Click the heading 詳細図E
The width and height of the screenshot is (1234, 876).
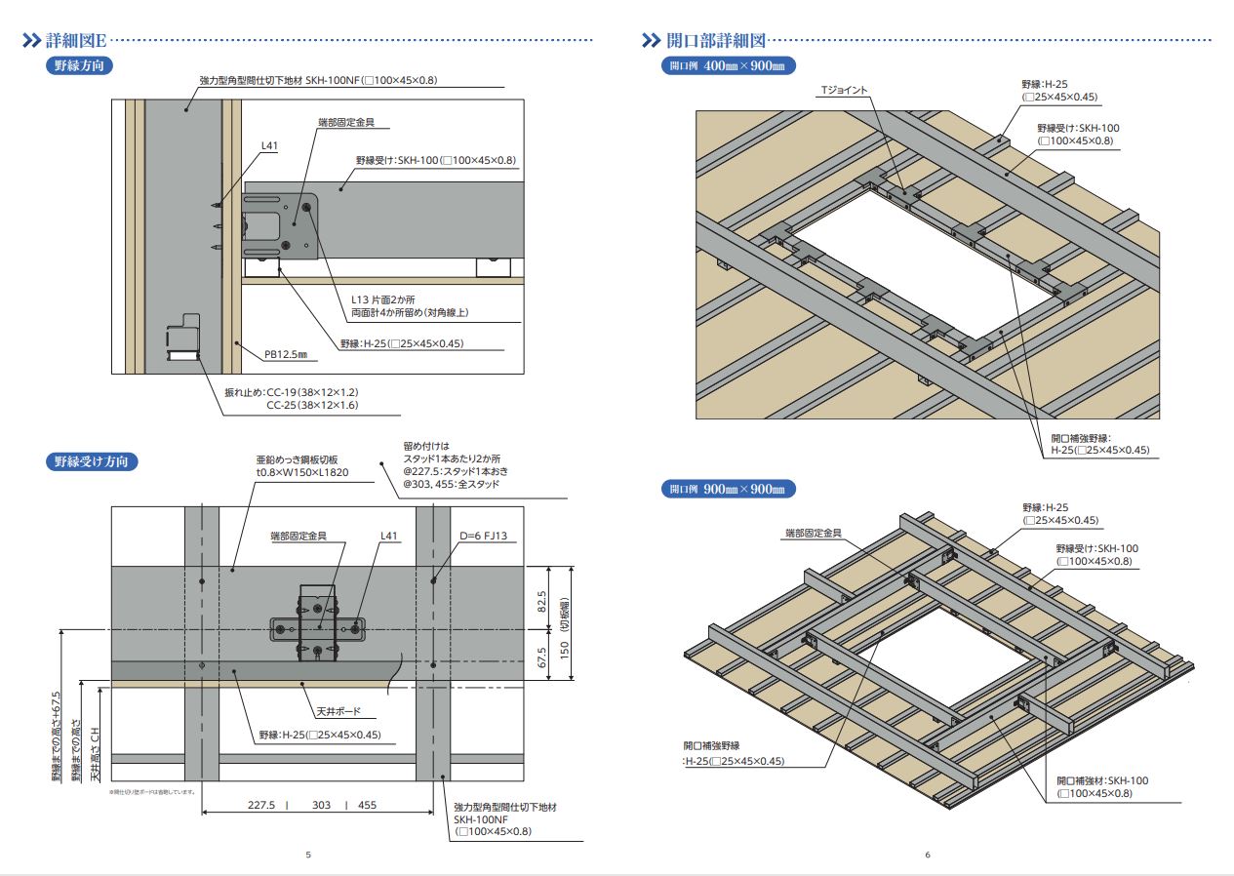pyautogui.click(x=76, y=41)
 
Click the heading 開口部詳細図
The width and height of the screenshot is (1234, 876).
pyautogui.click(x=716, y=41)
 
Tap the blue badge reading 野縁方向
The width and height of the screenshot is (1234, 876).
pyautogui.click(x=80, y=66)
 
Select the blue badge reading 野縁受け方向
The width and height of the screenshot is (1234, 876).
pyautogui.click(x=92, y=461)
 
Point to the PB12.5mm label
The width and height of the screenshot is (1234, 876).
pyautogui.click(x=286, y=355)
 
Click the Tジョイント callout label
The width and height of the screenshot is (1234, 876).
pyautogui.click(x=843, y=91)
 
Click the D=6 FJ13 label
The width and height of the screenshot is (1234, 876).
pyautogui.click(x=484, y=537)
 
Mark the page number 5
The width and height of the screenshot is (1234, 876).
pyautogui.click(x=308, y=856)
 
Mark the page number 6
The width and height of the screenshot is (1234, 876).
pyautogui.click(x=927, y=856)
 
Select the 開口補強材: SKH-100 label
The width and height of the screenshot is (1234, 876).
pyautogui.click(x=1103, y=780)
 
